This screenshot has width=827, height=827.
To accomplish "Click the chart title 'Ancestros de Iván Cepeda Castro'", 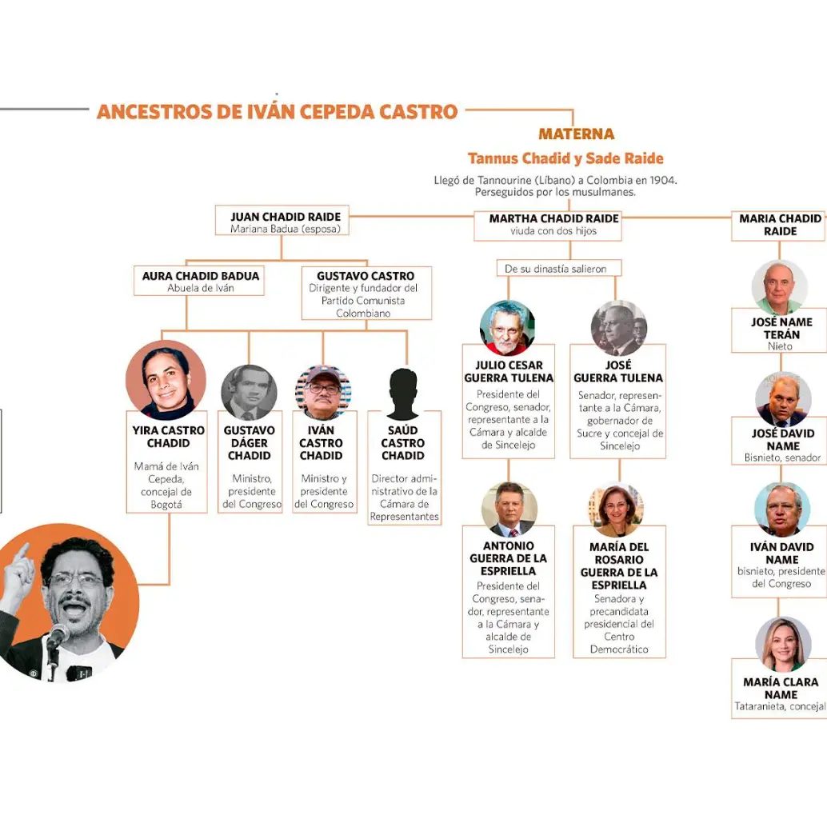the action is click(x=277, y=112).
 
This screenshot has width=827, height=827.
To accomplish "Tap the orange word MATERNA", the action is click(x=577, y=134).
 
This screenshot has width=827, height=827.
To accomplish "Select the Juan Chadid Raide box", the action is click(x=282, y=221).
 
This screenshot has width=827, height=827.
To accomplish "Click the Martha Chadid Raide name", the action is click(x=553, y=218).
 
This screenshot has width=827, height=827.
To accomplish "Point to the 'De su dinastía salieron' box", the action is click(x=559, y=268).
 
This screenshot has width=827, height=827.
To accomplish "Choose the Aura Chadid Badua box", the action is click(x=199, y=281).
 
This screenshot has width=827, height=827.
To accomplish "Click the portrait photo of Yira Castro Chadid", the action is click(x=166, y=380).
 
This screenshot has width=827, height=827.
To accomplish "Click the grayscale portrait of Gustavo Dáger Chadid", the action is click(x=249, y=393).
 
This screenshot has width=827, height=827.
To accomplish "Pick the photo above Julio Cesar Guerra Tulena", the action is click(x=507, y=328).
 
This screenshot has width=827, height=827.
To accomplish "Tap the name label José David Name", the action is click(x=783, y=439).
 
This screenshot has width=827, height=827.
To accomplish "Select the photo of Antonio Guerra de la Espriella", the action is click(x=509, y=509).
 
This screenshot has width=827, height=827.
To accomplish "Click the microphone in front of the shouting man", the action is click(x=57, y=637).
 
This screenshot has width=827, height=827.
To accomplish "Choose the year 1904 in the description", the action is click(x=663, y=181).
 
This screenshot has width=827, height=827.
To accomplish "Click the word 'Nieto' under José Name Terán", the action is click(x=780, y=346).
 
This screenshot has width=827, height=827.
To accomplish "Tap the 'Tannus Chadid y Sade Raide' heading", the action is click(x=565, y=158).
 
